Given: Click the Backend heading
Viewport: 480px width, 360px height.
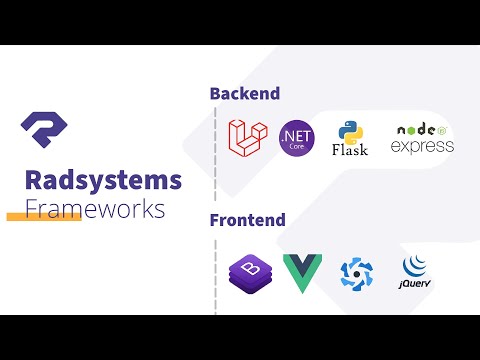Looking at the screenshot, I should tap(244, 94).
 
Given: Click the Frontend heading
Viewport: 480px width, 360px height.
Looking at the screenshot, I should tap(247, 219).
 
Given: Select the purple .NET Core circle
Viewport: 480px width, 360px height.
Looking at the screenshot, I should tap(296, 136).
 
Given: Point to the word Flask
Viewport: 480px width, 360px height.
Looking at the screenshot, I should tap(349, 150).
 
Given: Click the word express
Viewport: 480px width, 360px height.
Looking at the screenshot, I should tap(422, 147).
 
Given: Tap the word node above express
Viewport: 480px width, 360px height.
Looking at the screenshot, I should tap(416, 130).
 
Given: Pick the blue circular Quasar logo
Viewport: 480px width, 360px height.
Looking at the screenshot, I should tap(356, 272).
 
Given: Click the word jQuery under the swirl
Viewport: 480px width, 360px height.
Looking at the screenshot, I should tap(414, 285).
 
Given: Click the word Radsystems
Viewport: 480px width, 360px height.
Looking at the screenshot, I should tap(104, 180).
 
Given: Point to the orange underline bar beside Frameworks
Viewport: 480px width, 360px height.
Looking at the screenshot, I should tap(42, 216).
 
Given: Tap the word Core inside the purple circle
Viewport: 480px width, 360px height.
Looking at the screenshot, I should tap(296, 145).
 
